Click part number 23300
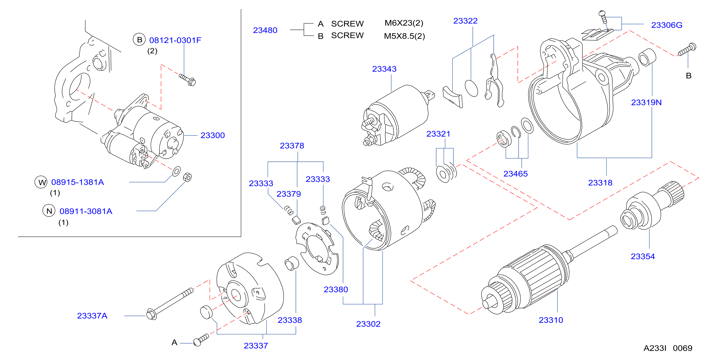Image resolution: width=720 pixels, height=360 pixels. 213,135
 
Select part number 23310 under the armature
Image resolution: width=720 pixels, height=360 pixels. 551,320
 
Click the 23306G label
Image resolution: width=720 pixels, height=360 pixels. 667,25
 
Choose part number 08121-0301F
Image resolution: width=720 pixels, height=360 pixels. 175,40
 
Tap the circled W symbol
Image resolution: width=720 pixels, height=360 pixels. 41,182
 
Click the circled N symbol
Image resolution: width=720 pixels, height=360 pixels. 49,211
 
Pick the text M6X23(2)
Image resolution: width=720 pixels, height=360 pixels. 404,23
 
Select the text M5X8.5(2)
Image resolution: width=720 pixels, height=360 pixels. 404,36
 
